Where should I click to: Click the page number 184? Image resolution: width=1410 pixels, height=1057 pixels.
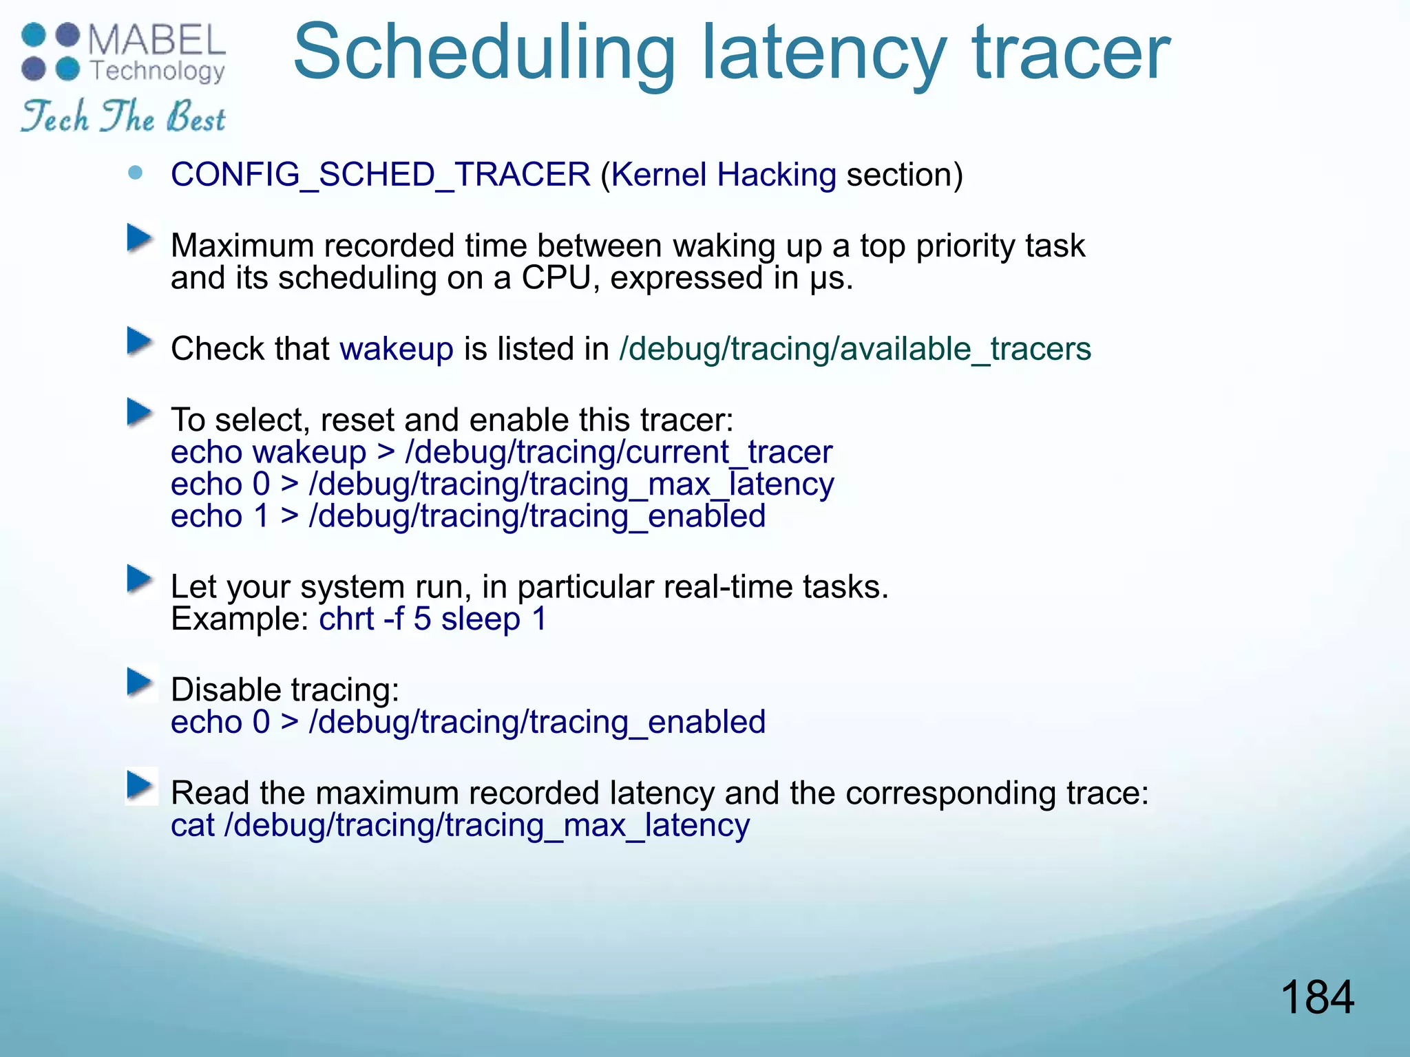coord(1316,997)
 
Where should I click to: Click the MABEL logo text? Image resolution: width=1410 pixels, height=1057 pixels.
coord(157,41)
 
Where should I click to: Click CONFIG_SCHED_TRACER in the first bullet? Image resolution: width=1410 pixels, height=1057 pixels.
coord(380,174)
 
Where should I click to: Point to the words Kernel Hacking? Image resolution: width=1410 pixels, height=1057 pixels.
coord(723,175)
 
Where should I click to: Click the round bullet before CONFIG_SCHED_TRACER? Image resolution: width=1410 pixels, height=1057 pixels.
coord(136,173)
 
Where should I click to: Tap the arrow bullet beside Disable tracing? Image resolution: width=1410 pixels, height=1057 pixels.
coord(140,683)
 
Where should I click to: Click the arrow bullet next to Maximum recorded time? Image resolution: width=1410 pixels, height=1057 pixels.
coord(140,239)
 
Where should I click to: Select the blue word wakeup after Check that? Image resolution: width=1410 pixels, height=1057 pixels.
coord(397,349)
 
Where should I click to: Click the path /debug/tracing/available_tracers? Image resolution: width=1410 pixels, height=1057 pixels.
coord(855,349)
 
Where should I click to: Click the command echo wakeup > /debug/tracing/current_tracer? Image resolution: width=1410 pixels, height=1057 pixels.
coord(501,452)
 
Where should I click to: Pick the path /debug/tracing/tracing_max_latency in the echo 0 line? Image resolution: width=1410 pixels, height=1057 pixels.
coord(571,484)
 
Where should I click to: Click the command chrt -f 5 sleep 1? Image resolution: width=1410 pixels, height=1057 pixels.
coord(432,619)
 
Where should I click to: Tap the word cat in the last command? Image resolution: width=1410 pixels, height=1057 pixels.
coord(192,825)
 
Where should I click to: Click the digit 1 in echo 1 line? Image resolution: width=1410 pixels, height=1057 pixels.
coord(261,516)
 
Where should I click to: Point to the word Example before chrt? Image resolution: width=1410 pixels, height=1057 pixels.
coord(238,619)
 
